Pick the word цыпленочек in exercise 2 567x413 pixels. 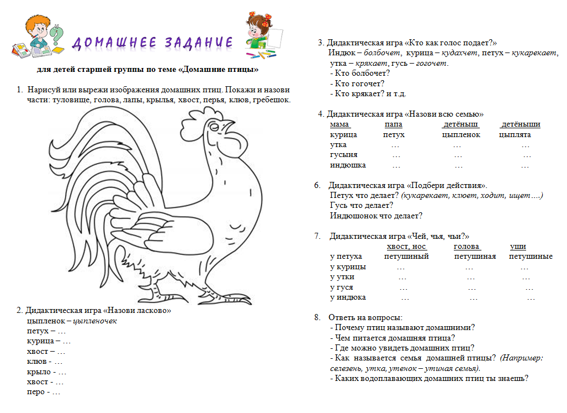pyautogui.click(x=96, y=321)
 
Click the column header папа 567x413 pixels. pyautogui.click(x=393, y=124)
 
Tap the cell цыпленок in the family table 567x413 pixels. pyautogui.click(x=461, y=135)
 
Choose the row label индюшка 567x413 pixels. pyautogui.click(x=348, y=165)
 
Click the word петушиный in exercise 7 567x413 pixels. pyautogui.click(x=406, y=257)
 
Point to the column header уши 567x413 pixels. pyautogui.click(x=518, y=247)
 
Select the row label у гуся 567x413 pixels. pyautogui.click(x=341, y=287)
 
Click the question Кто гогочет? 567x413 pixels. pyautogui.click(x=359, y=83)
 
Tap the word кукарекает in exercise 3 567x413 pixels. pyautogui.click(x=534, y=53)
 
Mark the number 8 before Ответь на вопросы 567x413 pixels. pyautogui.click(x=317, y=317)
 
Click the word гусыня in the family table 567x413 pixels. pyautogui.click(x=343, y=155)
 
